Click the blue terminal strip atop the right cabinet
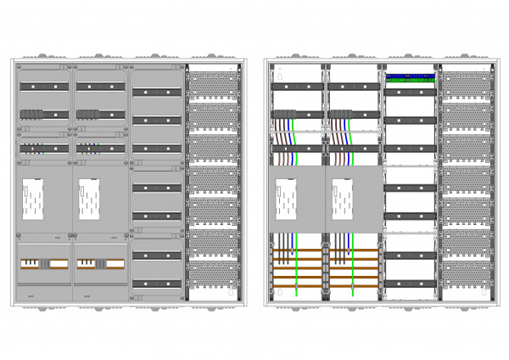click(410, 76)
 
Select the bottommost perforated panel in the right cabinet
click(464, 275)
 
